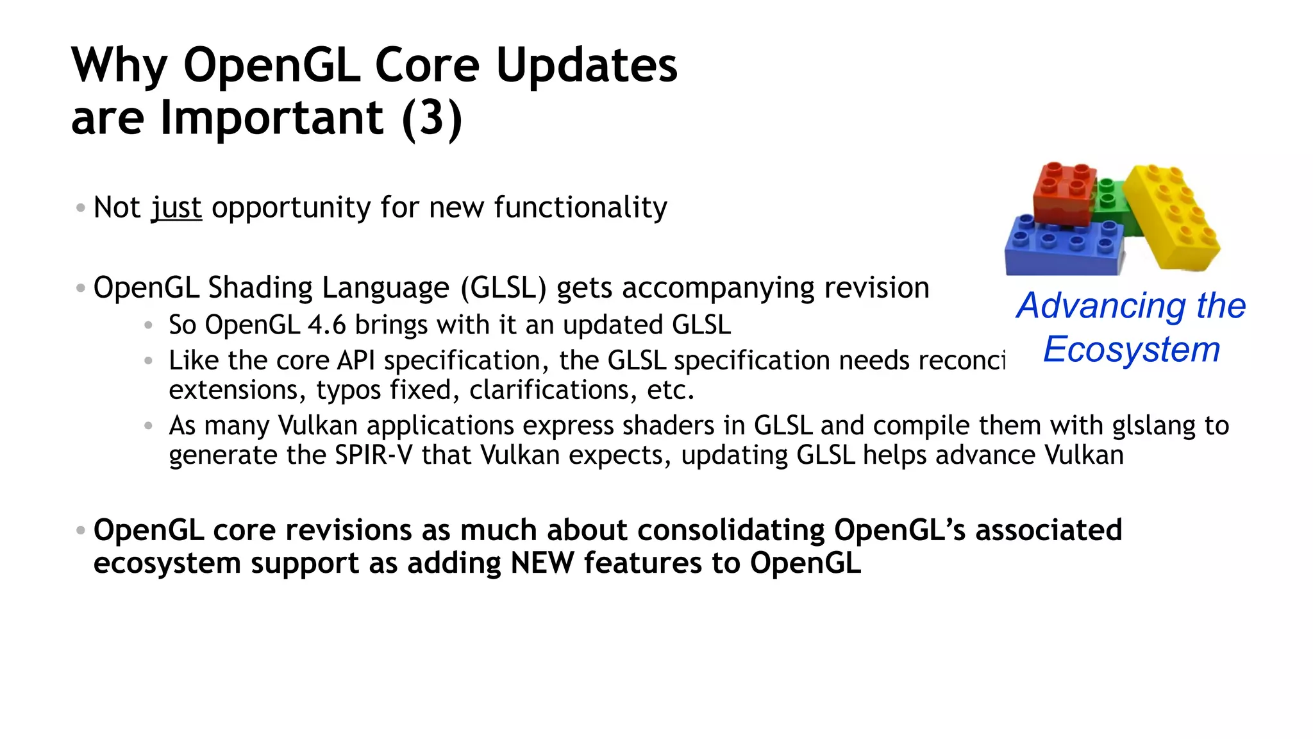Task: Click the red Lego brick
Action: (1064, 196)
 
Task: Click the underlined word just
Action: (176, 208)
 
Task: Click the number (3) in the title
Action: (431, 118)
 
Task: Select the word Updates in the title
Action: (586, 65)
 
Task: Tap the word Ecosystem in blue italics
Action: (1131, 350)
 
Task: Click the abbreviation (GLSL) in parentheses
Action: (503, 288)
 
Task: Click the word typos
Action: (349, 390)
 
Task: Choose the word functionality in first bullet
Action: (580, 208)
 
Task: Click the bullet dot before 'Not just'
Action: (80, 208)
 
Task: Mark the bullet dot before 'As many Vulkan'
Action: (148, 425)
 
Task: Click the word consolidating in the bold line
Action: (731, 531)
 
